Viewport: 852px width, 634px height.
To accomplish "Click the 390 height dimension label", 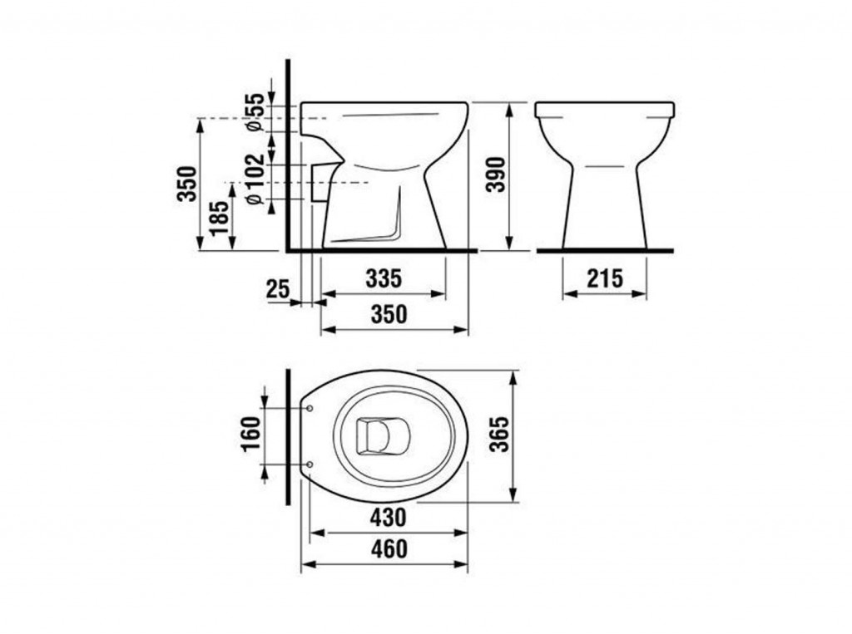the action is click(x=496, y=174).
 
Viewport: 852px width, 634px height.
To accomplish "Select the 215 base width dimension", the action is click(x=605, y=278).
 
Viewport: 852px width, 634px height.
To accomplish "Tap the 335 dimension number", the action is click(x=384, y=278).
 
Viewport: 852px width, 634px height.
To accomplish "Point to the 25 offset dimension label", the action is click(x=278, y=289).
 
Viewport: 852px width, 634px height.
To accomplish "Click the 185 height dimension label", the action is click(x=220, y=219).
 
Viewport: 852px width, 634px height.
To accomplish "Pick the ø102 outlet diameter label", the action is click(x=255, y=179).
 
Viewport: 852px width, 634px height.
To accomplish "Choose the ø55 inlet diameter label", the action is click(x=255, y=112).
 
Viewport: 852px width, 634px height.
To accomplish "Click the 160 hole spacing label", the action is click(x=250, y=434).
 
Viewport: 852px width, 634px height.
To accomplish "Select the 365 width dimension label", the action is click(x=499, y=434).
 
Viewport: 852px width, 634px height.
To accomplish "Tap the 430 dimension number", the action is click(x=388, y=518).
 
